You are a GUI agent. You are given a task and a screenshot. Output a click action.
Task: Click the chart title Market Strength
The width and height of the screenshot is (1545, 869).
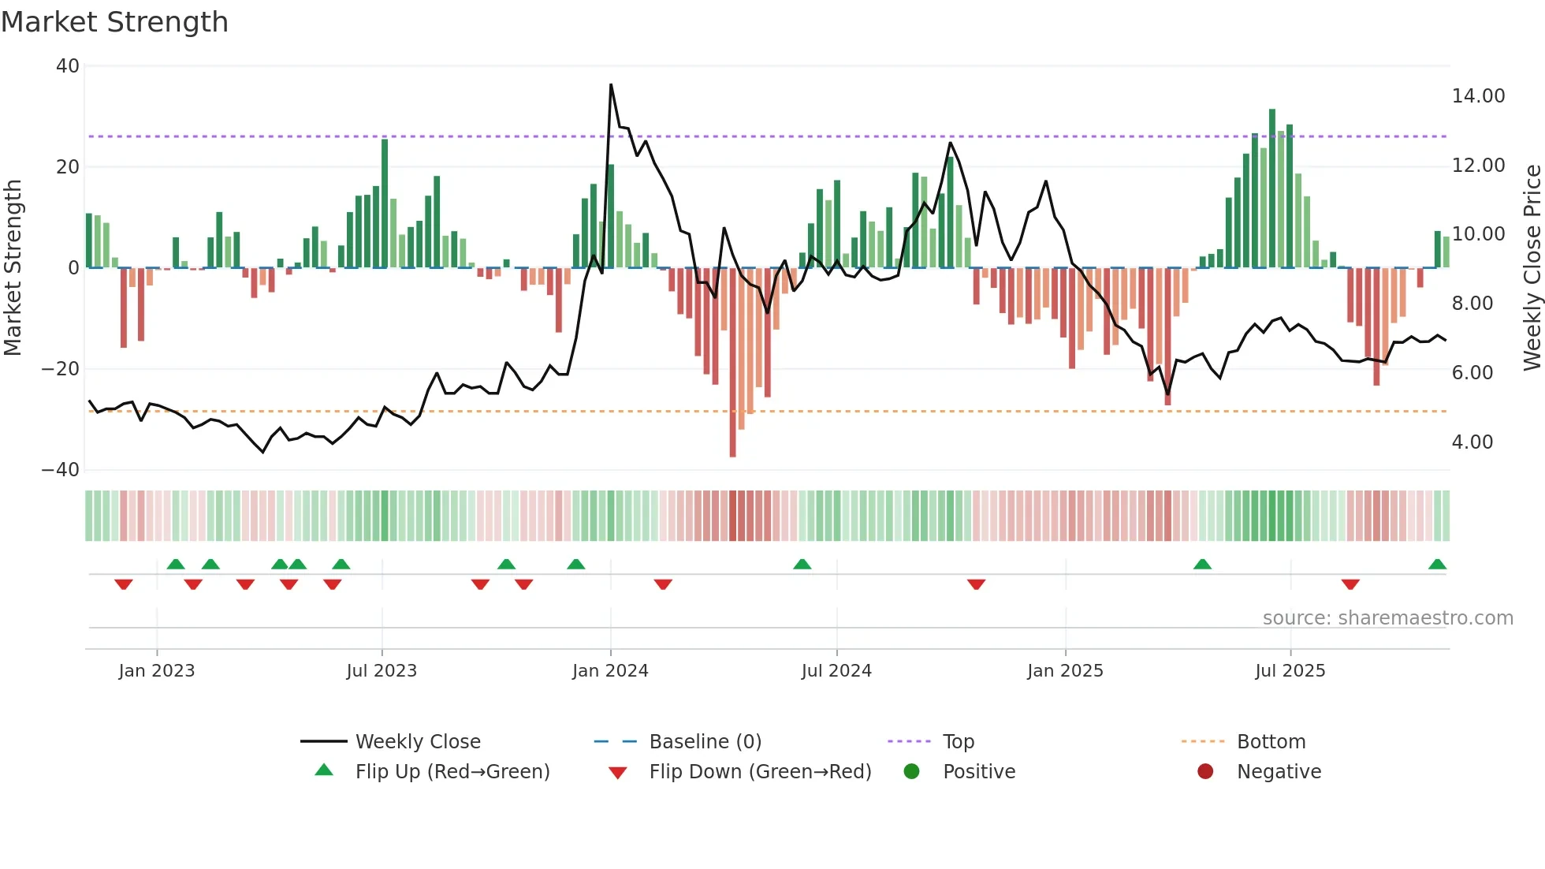tap(114, 22)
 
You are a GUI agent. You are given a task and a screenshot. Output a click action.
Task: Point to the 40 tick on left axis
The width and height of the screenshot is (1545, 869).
tap(68, 66)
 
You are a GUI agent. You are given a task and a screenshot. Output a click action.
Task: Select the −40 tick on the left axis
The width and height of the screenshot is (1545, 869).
tap(61, 470)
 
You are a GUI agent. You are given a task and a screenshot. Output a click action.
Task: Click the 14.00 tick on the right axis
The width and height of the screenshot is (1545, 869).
tap(1478, 96)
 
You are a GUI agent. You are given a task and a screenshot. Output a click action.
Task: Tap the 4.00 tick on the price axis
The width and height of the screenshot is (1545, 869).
tap(1472, 442)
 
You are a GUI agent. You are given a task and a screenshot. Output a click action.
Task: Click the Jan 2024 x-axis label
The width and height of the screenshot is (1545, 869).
tap(610, 671)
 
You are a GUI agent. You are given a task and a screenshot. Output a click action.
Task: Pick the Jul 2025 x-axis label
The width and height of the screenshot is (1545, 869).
tap(1290, 671)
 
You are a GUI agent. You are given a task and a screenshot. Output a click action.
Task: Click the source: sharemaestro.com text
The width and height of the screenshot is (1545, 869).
tap(1387, 618)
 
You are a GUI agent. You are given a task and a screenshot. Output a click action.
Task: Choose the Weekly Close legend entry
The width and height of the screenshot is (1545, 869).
tap(417, 742)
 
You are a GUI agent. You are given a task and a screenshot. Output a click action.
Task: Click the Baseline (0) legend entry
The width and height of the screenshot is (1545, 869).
tap(705, 742)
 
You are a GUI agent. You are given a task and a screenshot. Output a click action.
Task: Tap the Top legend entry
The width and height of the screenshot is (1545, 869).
tap(958, 742)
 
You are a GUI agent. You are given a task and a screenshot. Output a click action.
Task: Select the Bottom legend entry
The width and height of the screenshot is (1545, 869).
tap(1271, 742)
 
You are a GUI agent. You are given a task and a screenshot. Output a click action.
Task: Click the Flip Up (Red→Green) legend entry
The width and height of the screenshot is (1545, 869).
tap(452, 772)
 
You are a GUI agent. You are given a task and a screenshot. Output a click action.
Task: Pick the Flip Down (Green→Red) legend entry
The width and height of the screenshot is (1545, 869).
tap(759, 772)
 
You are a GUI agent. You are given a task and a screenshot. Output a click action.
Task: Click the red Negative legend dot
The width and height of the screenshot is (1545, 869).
tap(1205, 772)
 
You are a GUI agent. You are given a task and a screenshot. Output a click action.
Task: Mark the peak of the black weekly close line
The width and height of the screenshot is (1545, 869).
tap(611, 85)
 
